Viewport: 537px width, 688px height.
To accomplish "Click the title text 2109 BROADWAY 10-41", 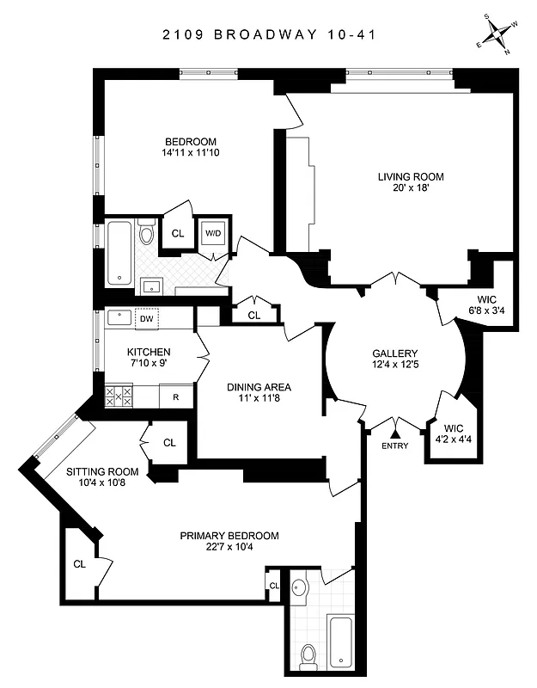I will (x=268, y=35).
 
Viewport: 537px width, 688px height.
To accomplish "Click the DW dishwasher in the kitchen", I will (x=147, y=319).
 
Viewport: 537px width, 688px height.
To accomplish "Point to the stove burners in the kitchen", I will (x=119, y=396).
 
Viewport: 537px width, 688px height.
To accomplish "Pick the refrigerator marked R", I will (x=176, y=397).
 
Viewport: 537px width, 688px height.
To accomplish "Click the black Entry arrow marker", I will (x=396, y=424).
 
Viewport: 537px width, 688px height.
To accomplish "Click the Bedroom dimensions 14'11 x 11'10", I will (x=190, y=154).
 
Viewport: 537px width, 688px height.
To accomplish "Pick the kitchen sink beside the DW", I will (x=119, y=316).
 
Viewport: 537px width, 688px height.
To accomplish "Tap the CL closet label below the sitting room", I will (x=79, y=565).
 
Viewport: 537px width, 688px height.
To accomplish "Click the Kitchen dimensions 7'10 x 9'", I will (x=148, y=364).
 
